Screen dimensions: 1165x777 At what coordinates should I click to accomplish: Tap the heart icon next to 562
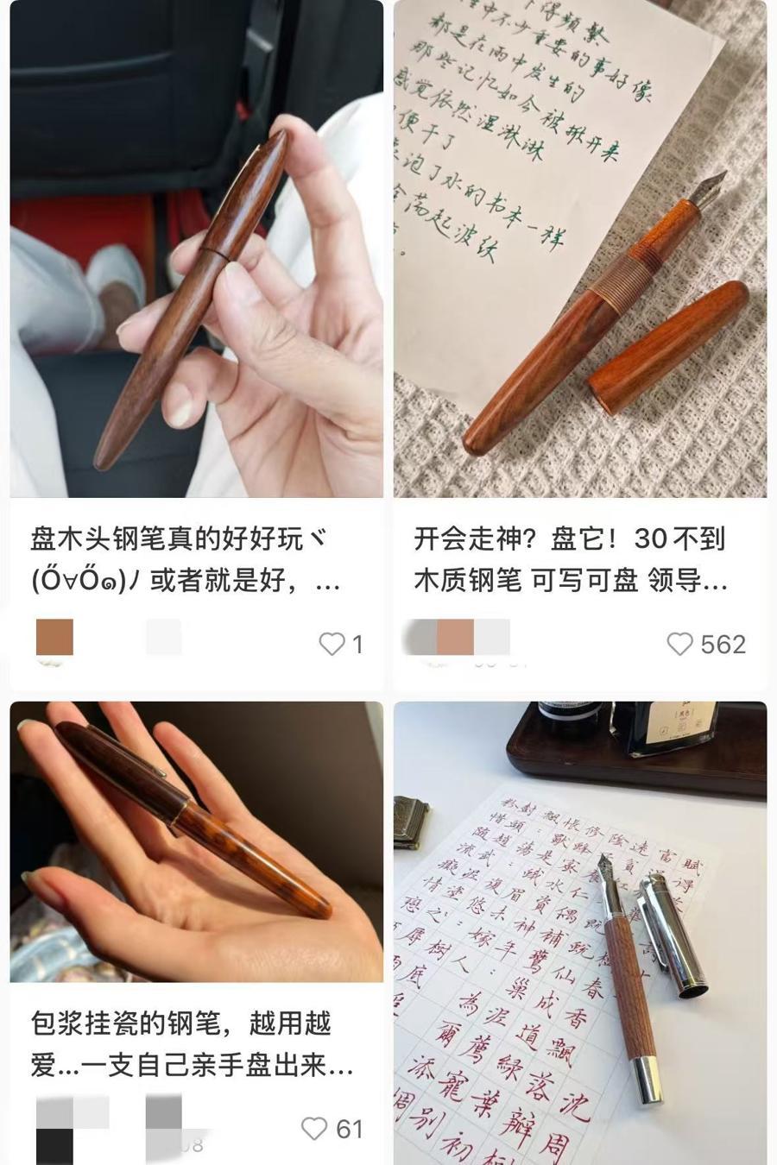click(679, 644)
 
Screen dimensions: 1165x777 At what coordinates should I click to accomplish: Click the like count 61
click(350, 1129)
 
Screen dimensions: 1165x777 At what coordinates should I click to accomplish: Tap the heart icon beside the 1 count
click(332, 644)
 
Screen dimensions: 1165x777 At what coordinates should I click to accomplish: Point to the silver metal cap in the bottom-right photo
click(673, 932)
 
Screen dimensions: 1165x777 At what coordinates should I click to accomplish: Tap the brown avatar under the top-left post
click(54, 638)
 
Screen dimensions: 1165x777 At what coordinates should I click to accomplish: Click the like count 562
click(723, 644)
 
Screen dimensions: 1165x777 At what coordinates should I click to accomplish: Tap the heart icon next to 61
click(313, 1129)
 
